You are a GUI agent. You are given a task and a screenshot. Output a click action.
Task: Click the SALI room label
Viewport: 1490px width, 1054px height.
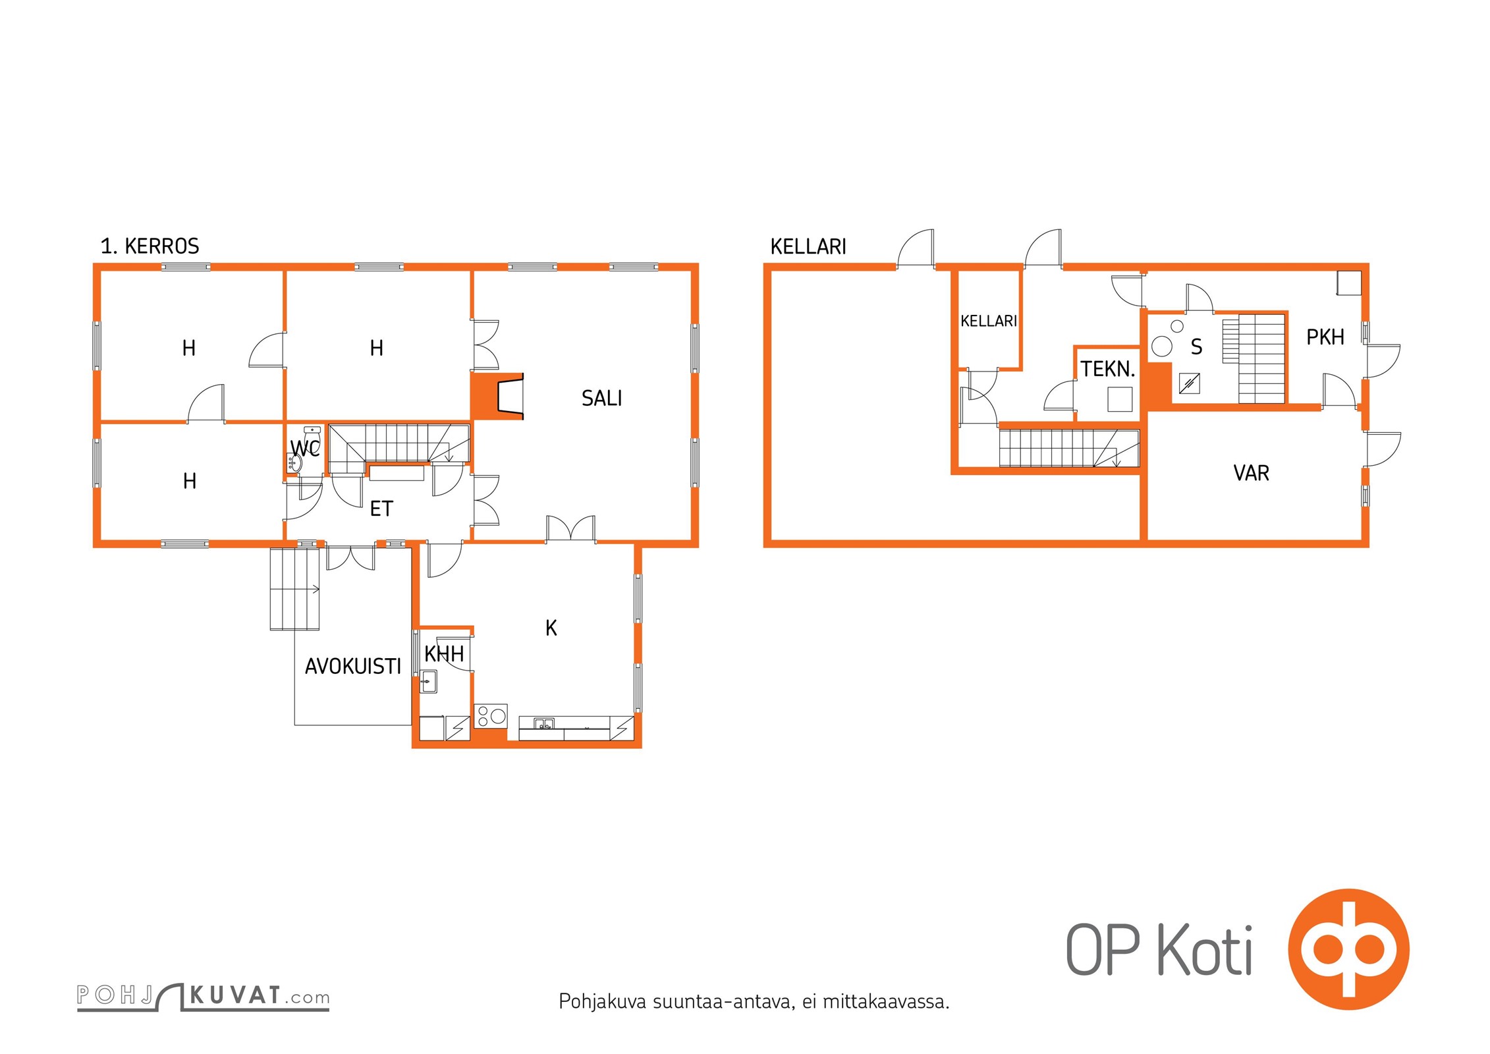point(601,398)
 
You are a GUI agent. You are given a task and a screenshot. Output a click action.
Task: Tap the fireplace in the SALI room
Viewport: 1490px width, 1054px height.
point(497,396)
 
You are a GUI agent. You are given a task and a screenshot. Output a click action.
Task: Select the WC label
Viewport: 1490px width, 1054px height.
point(305,448)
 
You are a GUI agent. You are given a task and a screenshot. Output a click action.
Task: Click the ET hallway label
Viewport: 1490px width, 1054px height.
point(381,509)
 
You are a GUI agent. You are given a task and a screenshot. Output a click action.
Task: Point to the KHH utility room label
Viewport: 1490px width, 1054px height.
point(444,653)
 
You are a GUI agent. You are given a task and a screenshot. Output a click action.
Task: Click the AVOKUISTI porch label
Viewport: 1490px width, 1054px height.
point(352,667)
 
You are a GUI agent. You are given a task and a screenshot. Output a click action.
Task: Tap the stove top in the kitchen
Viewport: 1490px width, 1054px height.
point(491,715)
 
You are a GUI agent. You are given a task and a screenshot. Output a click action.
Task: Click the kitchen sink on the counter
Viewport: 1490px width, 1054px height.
point(544,725)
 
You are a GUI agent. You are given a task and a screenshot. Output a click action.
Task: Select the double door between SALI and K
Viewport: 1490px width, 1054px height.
point(570,529)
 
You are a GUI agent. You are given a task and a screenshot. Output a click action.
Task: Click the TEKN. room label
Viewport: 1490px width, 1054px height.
point(1108,369)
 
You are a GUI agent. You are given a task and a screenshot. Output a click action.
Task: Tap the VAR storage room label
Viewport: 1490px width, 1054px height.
point(1251,473)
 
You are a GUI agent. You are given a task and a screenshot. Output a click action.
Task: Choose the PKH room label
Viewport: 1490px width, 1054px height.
point(1325,337)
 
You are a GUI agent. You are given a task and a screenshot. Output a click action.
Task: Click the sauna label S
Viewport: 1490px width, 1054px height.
point(1196,347)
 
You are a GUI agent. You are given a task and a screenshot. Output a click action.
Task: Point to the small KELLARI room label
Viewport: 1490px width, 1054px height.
point(989,321)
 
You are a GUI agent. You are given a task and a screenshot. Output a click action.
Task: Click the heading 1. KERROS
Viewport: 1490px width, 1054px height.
point(150,246)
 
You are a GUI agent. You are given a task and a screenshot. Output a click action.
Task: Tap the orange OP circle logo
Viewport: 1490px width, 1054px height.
point(1348,949)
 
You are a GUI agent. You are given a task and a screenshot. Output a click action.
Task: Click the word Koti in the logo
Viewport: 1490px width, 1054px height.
point(1205,949)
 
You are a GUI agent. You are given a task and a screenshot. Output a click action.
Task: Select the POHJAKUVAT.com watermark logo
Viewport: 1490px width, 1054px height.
point(203,997)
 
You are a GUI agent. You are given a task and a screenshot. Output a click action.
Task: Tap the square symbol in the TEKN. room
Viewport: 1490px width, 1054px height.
point(1120,399)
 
